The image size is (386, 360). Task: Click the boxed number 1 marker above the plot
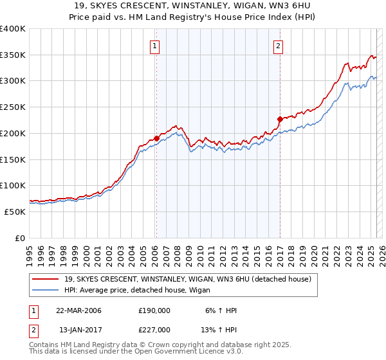point(156,46)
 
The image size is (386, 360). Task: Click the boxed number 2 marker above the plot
point(278,46)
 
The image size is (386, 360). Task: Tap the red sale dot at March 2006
point(156,138)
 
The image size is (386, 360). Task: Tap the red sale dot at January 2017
point(280,118)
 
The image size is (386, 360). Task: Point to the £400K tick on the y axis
point(13,29)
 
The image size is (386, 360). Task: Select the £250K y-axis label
point(13,107)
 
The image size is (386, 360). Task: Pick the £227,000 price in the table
point(154,329)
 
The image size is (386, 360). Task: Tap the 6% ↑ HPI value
point(221,310)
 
